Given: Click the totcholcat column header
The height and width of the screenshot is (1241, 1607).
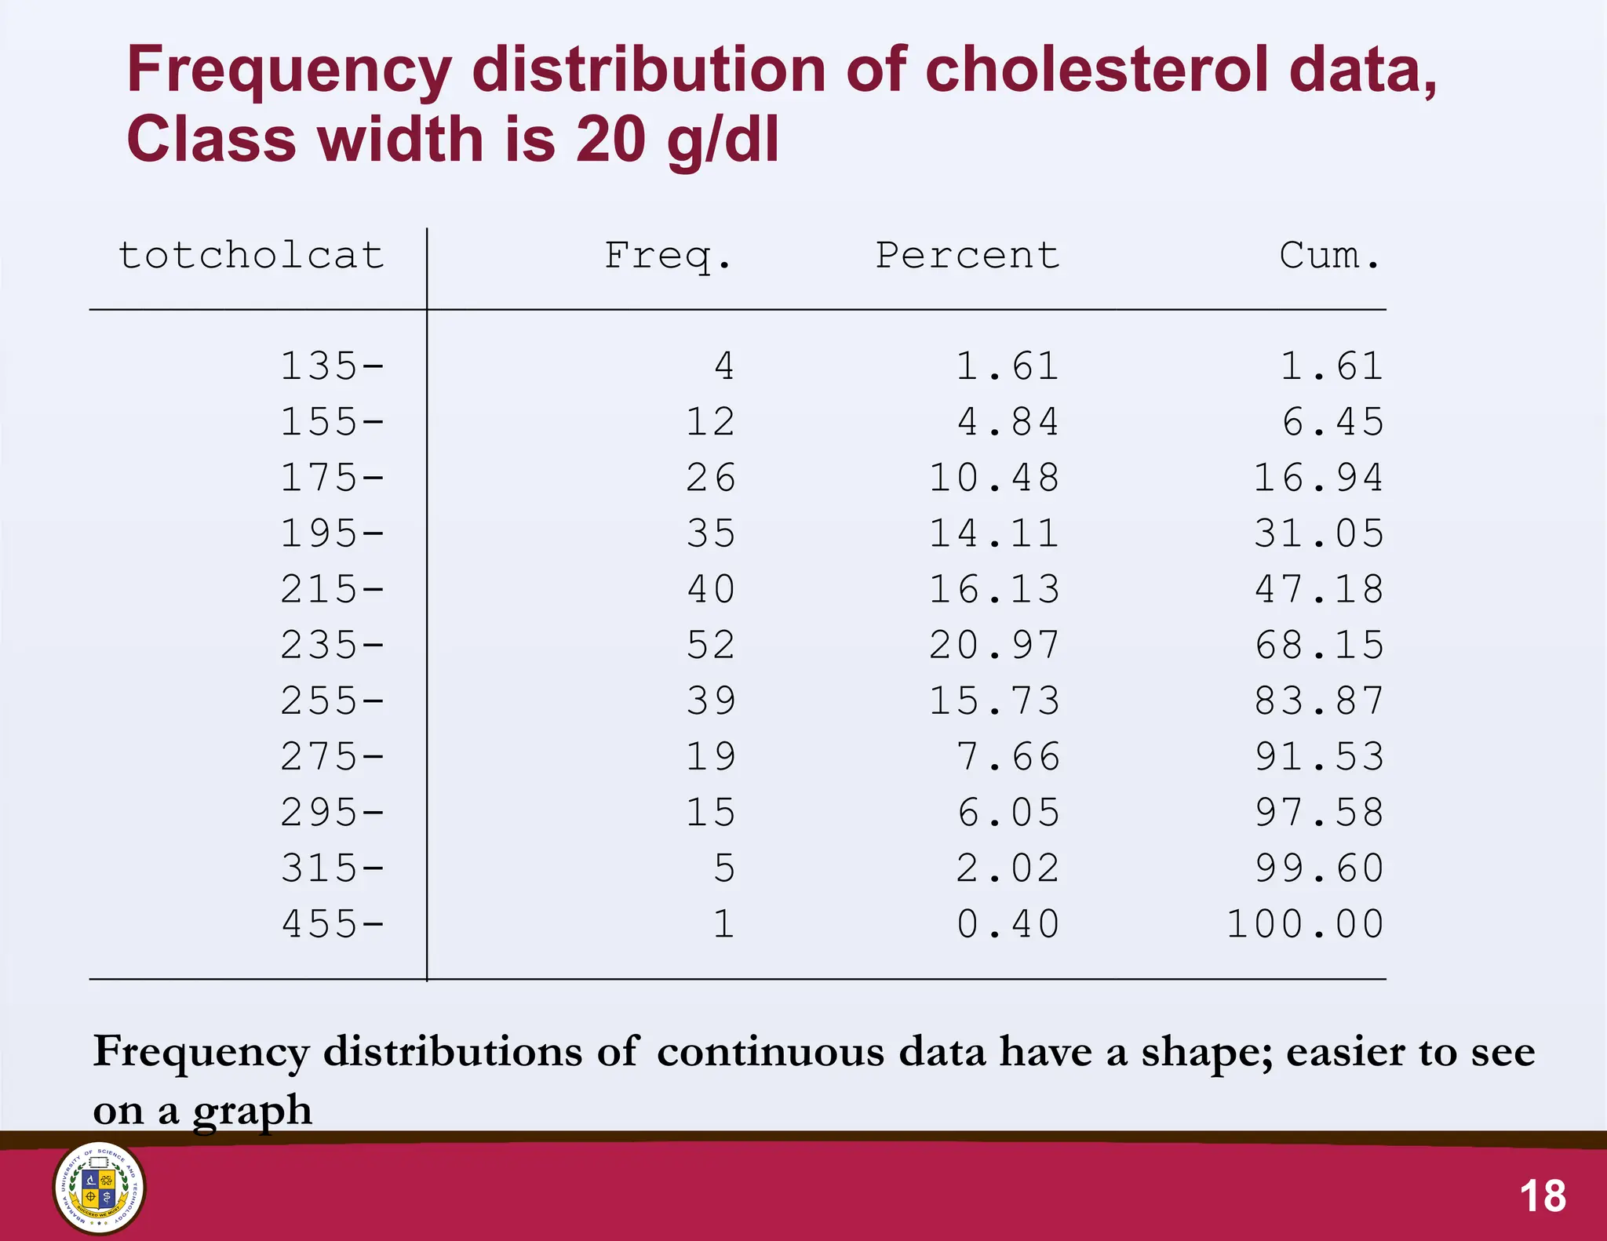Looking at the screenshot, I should tap(251, 256).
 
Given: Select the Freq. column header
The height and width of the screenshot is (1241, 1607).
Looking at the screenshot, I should tap(668, 256).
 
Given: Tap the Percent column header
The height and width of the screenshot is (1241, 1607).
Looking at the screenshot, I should tap(967, 256).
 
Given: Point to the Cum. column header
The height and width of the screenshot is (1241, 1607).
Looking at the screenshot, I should tap(1329, 256).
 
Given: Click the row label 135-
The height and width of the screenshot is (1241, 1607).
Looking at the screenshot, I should tap(333, 366).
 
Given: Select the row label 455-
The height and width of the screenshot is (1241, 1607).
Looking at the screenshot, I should tap(333, 924).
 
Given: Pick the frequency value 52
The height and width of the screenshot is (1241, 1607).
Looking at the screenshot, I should tap(711, 646).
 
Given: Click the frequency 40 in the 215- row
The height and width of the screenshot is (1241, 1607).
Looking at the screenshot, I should tap(711, 590).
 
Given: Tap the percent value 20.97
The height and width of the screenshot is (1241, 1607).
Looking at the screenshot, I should tap(994, 646).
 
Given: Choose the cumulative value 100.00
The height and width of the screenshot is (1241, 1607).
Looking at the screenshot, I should tap(1305, 924).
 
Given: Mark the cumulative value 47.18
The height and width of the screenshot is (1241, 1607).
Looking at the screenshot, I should tap(1319, 590).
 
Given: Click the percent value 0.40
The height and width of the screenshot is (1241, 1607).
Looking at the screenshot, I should tap(1008, 924).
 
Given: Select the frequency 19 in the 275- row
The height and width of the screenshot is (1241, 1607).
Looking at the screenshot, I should tap(711, 757).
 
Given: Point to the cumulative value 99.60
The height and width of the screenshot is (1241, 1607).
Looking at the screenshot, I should tap(1319, 868).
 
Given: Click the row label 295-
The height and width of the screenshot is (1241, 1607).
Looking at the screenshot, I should tap(333, 813).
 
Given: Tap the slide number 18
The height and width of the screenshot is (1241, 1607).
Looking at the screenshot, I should tap(1543, 1196).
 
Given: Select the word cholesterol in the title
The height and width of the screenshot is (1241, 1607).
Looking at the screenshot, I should tap(1097, 71).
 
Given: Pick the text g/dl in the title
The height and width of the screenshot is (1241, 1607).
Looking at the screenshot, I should tap(723, 141).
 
